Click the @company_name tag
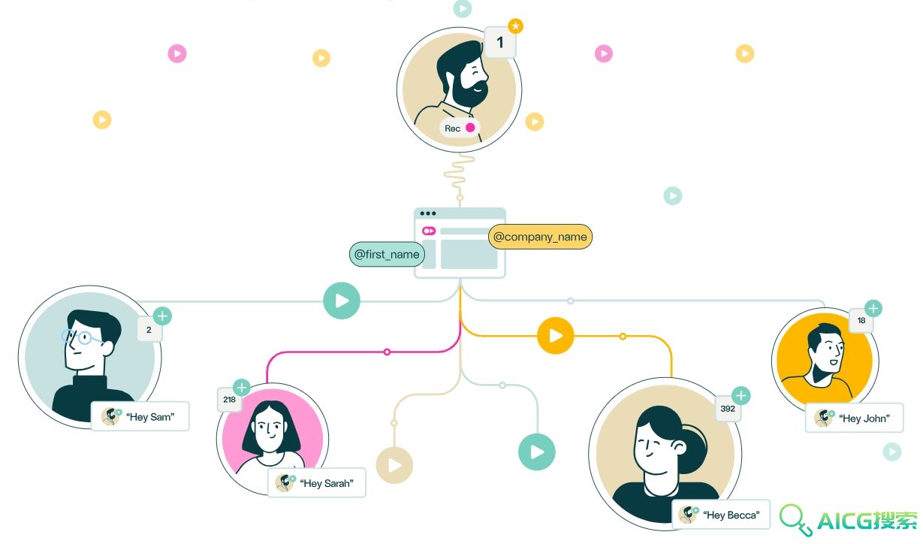click(540, 237)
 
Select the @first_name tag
click(387, 254)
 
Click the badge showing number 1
click(500, 42)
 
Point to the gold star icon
click(515, 26)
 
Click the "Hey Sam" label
click(140, 416)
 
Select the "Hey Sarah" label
click(316, 482)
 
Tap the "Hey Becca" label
click(721, 515)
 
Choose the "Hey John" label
click(854, 418)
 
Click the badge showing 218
click(230, 399)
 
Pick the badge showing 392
click(728, 409)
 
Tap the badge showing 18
click(861, 320)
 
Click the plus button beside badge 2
click(162, 316)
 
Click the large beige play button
click(394, 465)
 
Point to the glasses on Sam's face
click(82, 337)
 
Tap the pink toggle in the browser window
click(429, 231)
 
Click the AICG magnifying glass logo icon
click(795, 519)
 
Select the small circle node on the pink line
click(387, 352)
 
